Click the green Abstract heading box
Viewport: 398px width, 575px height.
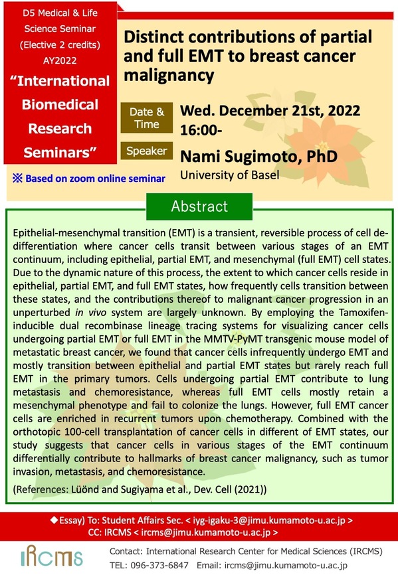coord(199,206)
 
